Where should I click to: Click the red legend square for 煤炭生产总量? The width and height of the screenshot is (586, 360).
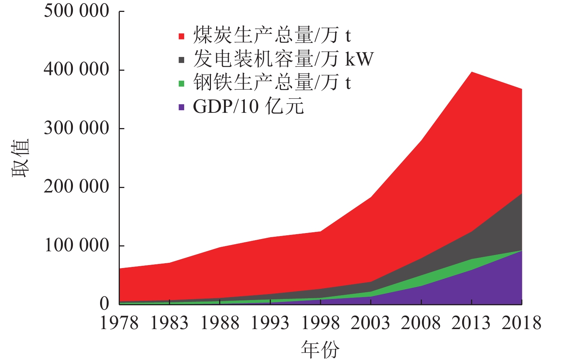182,36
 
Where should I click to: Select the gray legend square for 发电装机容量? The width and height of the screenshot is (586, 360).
182,60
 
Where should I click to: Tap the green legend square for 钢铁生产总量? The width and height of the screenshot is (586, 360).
182,83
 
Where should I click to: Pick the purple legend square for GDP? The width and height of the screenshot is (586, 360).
182,107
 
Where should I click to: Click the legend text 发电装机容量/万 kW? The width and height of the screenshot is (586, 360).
283,59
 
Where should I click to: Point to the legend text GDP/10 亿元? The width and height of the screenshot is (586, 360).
248,106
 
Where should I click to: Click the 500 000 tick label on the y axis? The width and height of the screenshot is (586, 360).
76,11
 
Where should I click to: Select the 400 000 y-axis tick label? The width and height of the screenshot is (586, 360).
76,69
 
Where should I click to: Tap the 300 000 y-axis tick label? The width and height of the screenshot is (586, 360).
76,128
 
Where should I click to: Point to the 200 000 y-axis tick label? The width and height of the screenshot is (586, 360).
76,187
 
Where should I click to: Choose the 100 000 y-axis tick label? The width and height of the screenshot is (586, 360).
76,245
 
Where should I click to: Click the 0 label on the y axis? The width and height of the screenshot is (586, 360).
105,304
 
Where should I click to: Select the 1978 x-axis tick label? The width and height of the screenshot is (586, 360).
119,323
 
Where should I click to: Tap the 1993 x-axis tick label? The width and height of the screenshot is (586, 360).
270,323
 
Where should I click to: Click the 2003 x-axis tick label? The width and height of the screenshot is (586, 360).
371,323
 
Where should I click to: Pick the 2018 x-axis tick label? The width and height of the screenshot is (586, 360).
522,323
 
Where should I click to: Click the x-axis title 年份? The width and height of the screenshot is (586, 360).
320,350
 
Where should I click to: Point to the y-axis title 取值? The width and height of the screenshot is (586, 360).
20,158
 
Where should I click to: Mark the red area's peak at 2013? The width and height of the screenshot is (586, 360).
472,72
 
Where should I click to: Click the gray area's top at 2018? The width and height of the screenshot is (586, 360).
522,194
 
